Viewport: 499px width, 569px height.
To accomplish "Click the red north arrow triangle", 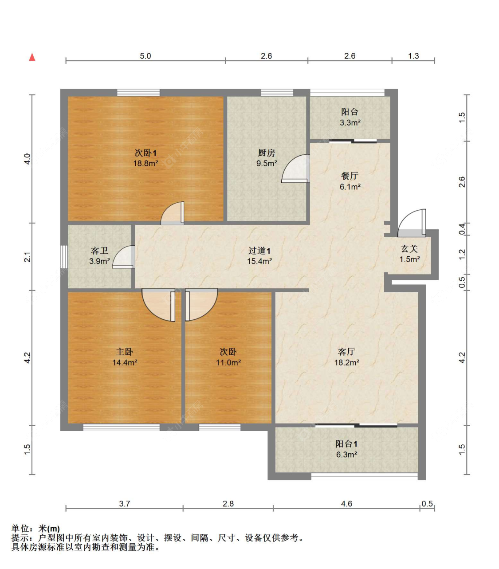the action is [x=32, y=57].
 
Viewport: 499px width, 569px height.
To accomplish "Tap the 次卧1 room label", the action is [x=145, y=153].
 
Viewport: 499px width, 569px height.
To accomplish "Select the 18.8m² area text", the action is [x=145, y=163].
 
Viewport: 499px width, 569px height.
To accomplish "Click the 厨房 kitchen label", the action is [x=266, y=153].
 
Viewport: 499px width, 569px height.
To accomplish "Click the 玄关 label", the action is [x=409, y=249].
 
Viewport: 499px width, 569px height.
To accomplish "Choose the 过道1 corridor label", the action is [x=259, y=251].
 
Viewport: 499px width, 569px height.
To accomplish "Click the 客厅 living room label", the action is [x=346, y=352].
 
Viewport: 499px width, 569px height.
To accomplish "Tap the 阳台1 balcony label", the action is [x=346, y=444].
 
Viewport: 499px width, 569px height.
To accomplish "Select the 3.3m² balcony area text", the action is [x=350, y=122].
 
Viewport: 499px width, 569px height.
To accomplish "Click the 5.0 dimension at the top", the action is [x=145, y=56].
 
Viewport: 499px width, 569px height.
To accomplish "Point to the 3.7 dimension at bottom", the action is [x=125, y=503].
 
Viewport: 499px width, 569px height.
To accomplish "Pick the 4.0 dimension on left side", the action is [x=27, y=159].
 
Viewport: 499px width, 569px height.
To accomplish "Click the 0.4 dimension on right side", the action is [x=462, y=229].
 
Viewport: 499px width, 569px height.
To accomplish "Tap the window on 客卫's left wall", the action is [x=64, y=257].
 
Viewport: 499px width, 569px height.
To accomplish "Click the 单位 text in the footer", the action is [x=20, y=529].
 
